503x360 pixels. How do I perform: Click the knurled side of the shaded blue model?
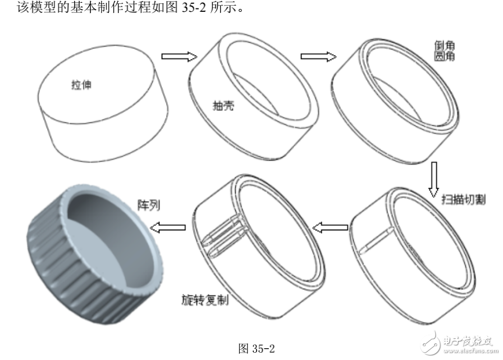tap(62, 270)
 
